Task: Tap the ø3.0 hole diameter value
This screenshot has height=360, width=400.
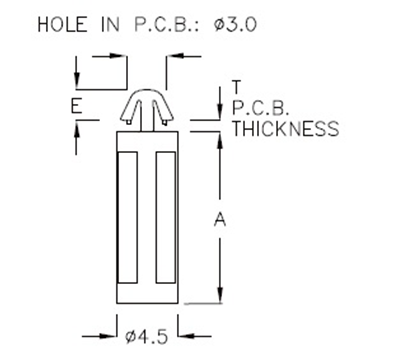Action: click(x=229, y=23)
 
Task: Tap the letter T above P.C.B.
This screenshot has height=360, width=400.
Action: click(x=236, y=86)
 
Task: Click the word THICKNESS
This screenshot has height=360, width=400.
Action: click(x=285, y=129)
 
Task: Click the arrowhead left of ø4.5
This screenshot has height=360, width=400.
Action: click(x=111, y=335)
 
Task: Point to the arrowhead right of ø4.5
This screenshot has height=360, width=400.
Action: click(x=185, y=335)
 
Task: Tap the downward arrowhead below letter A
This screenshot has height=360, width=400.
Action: click(x=219, y=295)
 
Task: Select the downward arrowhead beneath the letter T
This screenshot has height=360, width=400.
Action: click(x=219, y=112)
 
